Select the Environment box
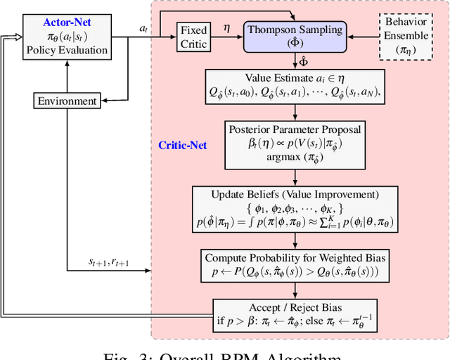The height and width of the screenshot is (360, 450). tap(66, 101)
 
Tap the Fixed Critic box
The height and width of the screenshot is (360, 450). tap(194, 37)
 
